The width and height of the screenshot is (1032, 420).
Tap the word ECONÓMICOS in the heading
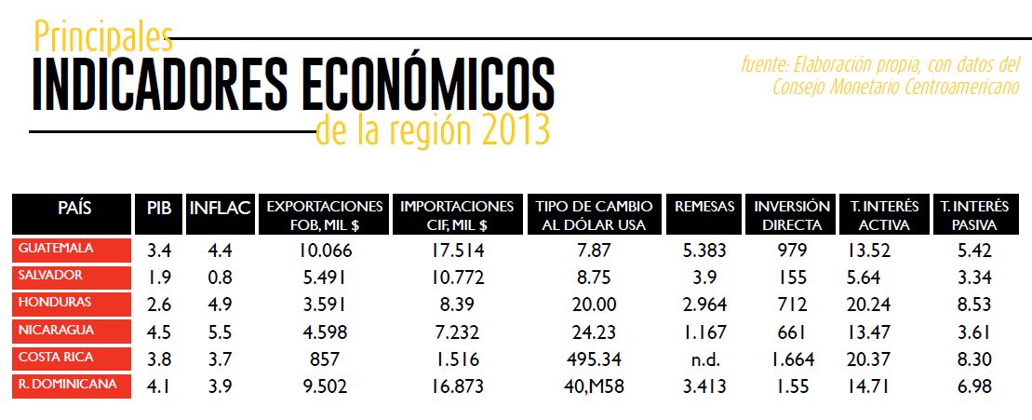[428, 85]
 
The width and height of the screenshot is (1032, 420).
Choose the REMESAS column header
[704, 207]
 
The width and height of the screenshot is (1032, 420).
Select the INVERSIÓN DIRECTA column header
[792, 215]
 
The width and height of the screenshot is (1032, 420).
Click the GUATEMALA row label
[57, 249]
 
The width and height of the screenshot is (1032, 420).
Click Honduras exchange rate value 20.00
[595, 304]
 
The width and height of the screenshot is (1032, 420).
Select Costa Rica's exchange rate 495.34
[596, 359]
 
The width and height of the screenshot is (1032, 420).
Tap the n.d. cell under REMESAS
[704, 359]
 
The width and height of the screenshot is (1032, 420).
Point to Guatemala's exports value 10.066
[324, 250]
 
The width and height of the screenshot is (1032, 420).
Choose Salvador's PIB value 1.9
[158, 277]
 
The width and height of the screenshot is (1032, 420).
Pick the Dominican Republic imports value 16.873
[456, 386]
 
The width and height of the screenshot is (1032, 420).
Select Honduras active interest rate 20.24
[870, 304]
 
